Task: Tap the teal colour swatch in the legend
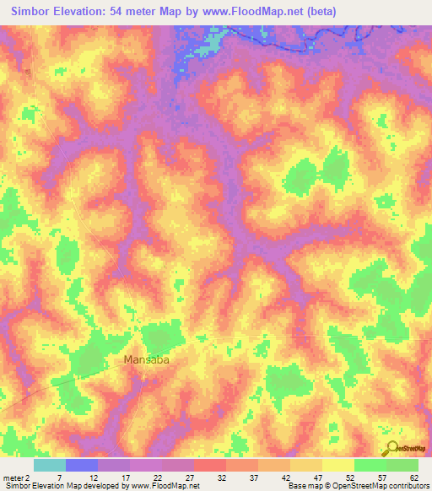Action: (x=50, y=465)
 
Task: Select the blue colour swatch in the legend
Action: (x=82, y=465)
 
